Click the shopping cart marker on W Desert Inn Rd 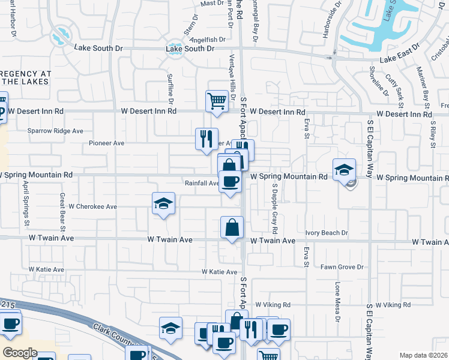[x=217, y=101]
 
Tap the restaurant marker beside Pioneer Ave [x=206, y=139]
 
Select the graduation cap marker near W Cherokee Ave [x=163, y=203]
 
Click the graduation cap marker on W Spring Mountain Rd [x=344, y=169]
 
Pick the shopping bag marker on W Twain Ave [x=232, y=227]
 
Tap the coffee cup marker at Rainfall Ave [x=229, y=181]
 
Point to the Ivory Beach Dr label [x=327, y=233]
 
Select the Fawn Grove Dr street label [x=342, y=266]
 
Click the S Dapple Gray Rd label [x=274, y=208]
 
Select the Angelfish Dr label [x=207, y=40]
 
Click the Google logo [x=20, y=353]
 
